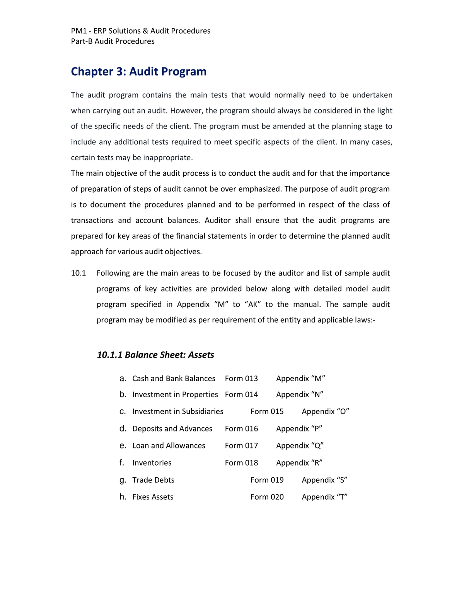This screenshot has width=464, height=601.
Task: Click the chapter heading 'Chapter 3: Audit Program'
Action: (x=138, y=72)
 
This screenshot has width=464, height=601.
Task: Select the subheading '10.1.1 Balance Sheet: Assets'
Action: (x=155, y=355)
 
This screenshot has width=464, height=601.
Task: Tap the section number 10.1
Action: (x=78, y=273)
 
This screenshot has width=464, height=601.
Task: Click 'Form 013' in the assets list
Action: (x=241, y=378)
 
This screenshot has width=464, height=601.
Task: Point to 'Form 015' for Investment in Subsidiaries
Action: (x=267, y=411)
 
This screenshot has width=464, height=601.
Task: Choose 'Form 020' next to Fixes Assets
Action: (x=267, y=497)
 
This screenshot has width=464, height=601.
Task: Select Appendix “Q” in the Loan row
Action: (x=300, y=445)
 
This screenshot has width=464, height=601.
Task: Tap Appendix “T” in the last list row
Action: (x=324, y=497)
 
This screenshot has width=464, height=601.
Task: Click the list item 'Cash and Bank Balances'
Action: (x=174, y=378)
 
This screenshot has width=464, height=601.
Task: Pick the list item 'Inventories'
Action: (x=152, y=463)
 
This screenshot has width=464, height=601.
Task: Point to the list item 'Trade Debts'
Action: (x=153, y=480)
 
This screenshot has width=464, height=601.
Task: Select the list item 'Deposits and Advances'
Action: (x=172, y=428)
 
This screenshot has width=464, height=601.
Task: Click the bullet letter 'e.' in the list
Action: (x=123, y=445)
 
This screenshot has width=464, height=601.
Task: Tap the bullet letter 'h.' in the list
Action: (x=123, y=497)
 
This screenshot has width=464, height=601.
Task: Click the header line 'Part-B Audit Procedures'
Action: (x=113, y=41)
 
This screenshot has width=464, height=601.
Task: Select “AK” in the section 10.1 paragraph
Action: (x=252, y=305)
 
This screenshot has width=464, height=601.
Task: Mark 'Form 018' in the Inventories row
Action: (x=241, y=463)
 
